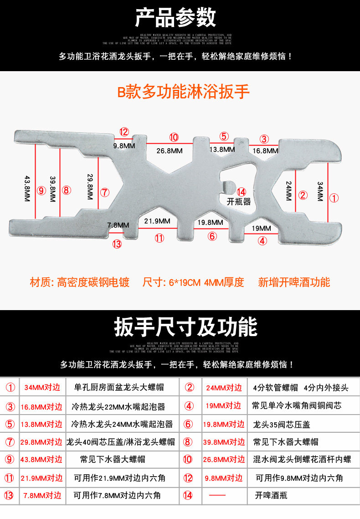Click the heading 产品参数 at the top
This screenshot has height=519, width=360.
[175, 18]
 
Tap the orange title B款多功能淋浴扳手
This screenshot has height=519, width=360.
[184, 92]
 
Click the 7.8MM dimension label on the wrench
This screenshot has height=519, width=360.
[118, 225]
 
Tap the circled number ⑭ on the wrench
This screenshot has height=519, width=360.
[242, 192]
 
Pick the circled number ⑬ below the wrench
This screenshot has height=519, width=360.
[117, 244]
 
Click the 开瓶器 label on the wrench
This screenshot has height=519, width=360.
[239, 202]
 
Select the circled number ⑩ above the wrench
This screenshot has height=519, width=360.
[174, 137]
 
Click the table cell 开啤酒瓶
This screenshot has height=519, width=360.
[271, 495]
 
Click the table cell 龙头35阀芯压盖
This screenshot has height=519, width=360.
[282, 424]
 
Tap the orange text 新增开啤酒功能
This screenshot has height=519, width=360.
[294, 282]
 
